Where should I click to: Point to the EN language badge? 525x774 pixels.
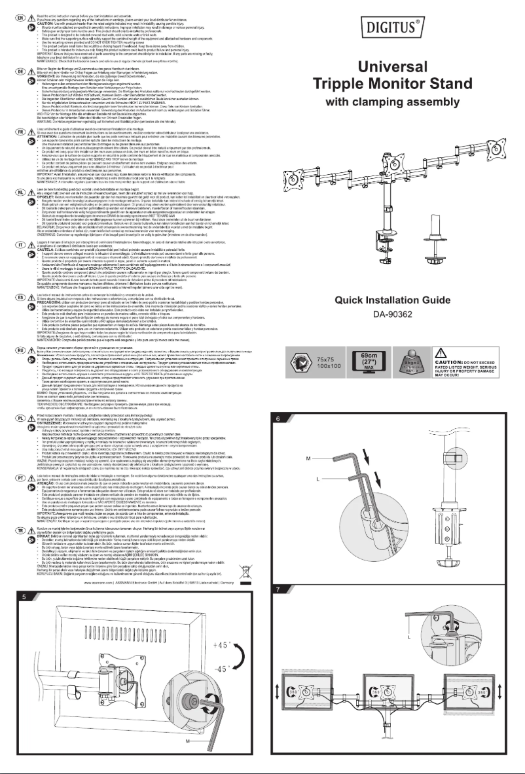(22, 5)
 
